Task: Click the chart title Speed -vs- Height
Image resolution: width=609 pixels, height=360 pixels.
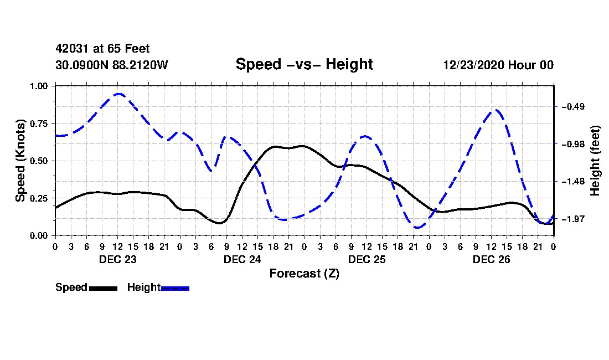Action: (x=304, y=64)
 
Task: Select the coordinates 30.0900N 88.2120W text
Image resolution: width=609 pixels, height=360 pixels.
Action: (x=111, y=65)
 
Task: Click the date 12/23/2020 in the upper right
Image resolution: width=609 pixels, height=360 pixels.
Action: (x=474, y=65)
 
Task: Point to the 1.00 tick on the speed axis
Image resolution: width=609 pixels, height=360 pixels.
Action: (x=39, y=86)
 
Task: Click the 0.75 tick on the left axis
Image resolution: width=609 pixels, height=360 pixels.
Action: (x=39, y=124)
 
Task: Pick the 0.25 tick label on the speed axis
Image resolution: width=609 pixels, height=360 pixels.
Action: (x=39, y=198)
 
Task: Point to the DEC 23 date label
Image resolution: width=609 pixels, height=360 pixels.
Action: (x=118, y=259)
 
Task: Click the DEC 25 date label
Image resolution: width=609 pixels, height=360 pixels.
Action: (x=367, y=259)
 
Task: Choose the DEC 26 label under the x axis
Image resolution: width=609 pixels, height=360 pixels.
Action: (x=491, y=259)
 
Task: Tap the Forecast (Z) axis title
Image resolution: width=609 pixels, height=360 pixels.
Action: (x=304, y=274)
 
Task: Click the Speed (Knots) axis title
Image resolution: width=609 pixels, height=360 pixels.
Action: (x=20, y=161)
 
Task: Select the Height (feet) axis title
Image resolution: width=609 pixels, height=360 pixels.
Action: (x=595, y=161)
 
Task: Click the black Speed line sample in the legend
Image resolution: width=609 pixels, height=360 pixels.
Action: (x=103, y=288)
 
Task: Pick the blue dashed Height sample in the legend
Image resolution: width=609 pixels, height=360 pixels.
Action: (x=175, y=288)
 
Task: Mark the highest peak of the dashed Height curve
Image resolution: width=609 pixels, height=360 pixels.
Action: (x=118, y=94)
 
